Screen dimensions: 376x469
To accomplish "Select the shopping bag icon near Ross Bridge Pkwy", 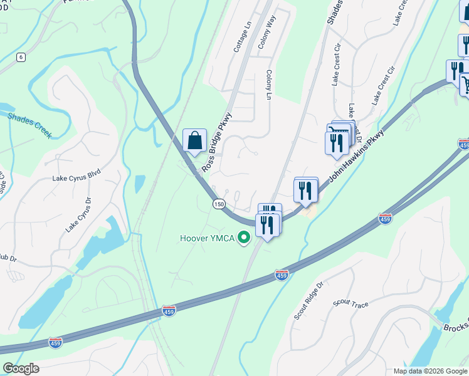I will [194, 140].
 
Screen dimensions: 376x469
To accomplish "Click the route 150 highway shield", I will [218, 204].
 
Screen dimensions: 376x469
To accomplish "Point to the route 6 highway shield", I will [21, 57].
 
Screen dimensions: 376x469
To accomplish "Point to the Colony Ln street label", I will [268, 85].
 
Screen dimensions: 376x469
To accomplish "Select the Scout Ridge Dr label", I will [308, 301].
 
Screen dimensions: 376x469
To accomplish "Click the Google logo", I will [21, 368].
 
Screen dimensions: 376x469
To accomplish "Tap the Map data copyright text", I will [430, 371].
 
